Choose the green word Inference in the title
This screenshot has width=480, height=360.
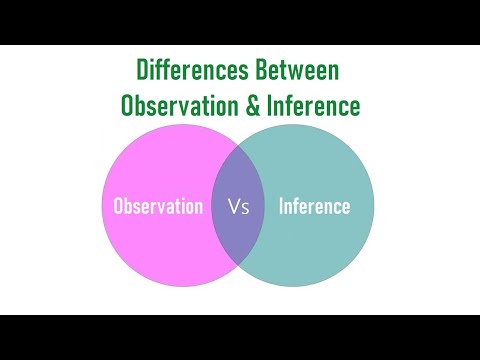(309, 103)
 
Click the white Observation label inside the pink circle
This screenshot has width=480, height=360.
(158, 207)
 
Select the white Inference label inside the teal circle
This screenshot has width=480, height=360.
(314, 207)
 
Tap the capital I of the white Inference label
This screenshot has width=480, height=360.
(280, 207)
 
